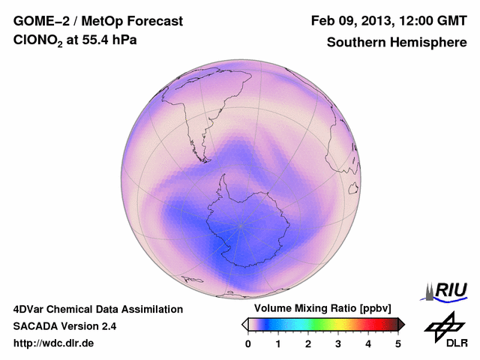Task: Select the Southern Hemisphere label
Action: (x=397, y=43)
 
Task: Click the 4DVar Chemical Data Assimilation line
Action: (x=98, y=309)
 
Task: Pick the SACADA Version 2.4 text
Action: (x=64, y=326)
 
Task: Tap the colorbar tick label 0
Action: (x=248, y=343)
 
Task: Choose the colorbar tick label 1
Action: (x=278, y=343)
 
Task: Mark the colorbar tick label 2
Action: (x=308, y=343)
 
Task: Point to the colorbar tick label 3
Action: (x=338, y=343)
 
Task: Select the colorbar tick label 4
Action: (x=368, y=343)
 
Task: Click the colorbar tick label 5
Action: (x=398, y=343)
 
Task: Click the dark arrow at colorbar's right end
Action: (x=401, y=324)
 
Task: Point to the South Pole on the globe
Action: (x=241, y=224)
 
